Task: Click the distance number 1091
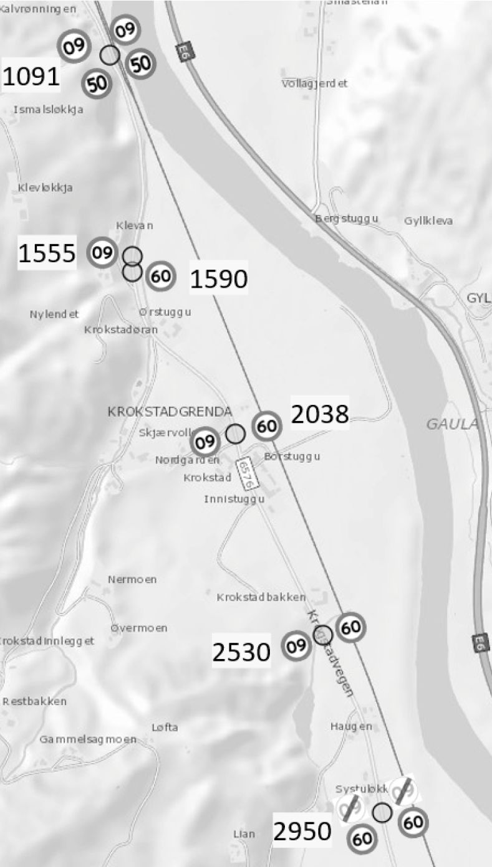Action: coord(31,77)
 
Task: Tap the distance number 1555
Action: coord(47,253)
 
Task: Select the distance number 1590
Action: coord(218,280)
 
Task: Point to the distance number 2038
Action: coord(320,414)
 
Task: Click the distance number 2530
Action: coord(241,652)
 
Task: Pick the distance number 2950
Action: coord(303,831)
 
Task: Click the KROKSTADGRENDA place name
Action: coord(170,412)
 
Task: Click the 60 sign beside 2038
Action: coord(267,427)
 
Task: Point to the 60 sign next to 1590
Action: coord(161,277)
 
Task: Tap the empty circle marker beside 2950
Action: coord(382,812)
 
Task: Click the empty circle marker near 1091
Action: coord(110,55)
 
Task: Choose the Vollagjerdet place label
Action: coord(314,83)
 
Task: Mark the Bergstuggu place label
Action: coord(346,219)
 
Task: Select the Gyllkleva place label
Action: coord(428,221)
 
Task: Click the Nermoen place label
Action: coord(132,579)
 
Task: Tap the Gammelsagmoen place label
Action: coord(88,739)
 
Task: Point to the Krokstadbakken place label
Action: coord(261,597)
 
